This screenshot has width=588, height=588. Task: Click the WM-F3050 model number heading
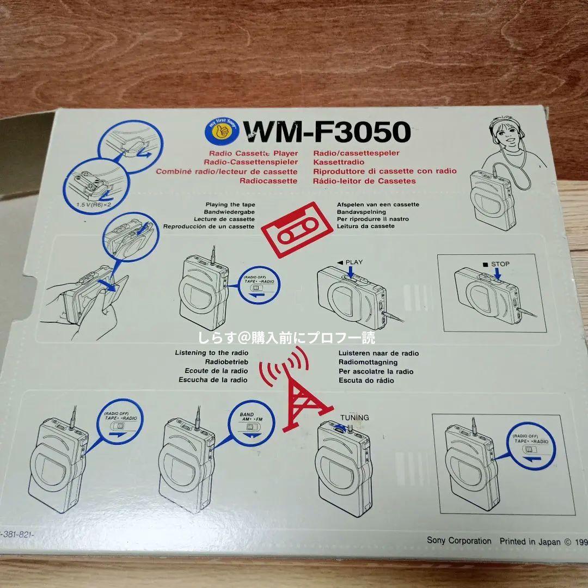pos(326,131)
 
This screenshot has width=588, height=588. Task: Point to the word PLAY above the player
pos(354,262)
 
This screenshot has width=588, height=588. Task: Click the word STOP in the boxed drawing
pos(500,264)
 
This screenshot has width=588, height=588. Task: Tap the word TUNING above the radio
pos(354,418)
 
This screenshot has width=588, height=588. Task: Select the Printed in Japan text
pos(525,541)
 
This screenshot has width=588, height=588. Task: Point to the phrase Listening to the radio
pos(212,353)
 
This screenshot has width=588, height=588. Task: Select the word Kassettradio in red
pos(339,162)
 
